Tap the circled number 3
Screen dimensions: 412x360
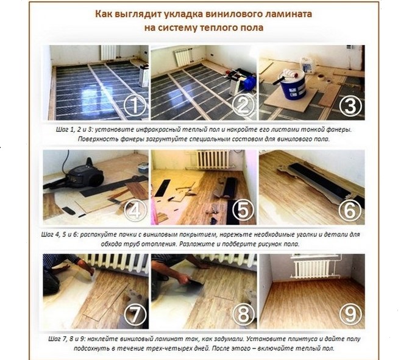(x=350, y=106)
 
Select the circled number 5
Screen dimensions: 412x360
(x=243, y=210)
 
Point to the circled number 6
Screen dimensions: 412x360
(x=350, y=210)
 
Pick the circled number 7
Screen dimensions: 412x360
(x=135, y=314)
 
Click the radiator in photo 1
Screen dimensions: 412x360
(x=108, y=52)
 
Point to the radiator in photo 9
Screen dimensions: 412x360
(x=312, y=269)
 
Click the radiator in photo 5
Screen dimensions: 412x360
(x=213, y=160)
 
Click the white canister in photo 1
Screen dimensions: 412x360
(x=144, y=76)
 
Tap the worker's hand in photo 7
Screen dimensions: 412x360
(x=89, y=269)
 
